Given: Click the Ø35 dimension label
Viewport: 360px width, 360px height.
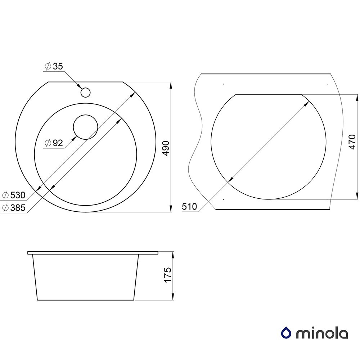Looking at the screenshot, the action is (x=54, y=66).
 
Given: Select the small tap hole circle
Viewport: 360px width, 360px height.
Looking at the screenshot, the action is (x=85, y=92).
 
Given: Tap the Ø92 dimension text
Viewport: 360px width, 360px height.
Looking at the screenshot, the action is (x=54, y=143).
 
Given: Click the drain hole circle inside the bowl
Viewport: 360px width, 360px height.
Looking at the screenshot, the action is (x=85, y=127).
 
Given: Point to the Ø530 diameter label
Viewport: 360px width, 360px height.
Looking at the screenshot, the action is (x=14, y=195).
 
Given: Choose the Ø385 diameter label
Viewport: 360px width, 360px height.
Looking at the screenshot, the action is (x=14, y=208).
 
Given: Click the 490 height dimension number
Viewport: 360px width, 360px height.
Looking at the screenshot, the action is (x=166, y=148).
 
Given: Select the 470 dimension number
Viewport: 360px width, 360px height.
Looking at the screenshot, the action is (x=352, y=142).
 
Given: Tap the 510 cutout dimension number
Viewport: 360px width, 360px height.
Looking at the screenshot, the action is (x=189, y=207).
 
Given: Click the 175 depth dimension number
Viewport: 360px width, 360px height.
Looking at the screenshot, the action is (x=168, y=275).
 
